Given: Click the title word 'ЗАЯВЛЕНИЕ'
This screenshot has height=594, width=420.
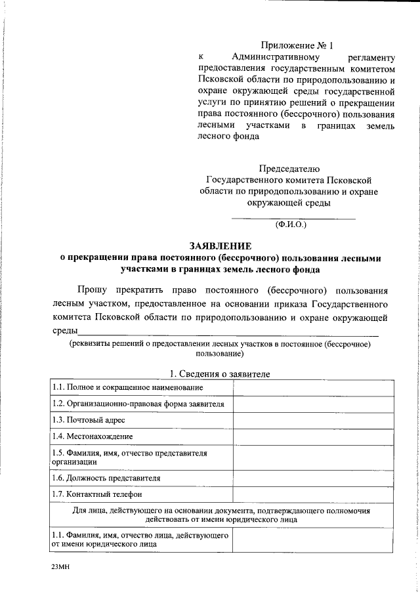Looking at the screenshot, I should coord(220,246).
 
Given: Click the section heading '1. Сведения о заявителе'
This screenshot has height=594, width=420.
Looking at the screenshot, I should coord(220,373).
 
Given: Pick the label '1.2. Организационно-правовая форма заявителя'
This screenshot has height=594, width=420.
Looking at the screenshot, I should coord(138,404).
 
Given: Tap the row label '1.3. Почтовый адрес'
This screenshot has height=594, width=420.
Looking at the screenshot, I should coord(88,420).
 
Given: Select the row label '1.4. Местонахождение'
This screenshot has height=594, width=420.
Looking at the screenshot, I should coord(93,436).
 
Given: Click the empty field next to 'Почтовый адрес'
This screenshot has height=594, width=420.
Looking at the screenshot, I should coord(313,420).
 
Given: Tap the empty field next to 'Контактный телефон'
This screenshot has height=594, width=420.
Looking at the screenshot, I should coord(313,494).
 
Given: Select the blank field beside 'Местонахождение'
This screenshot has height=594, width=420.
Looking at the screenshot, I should coord(313,436).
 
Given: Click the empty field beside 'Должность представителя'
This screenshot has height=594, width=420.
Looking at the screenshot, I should coord(313,478).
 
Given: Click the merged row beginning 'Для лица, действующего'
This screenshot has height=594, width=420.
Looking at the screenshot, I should coord(220,514).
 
